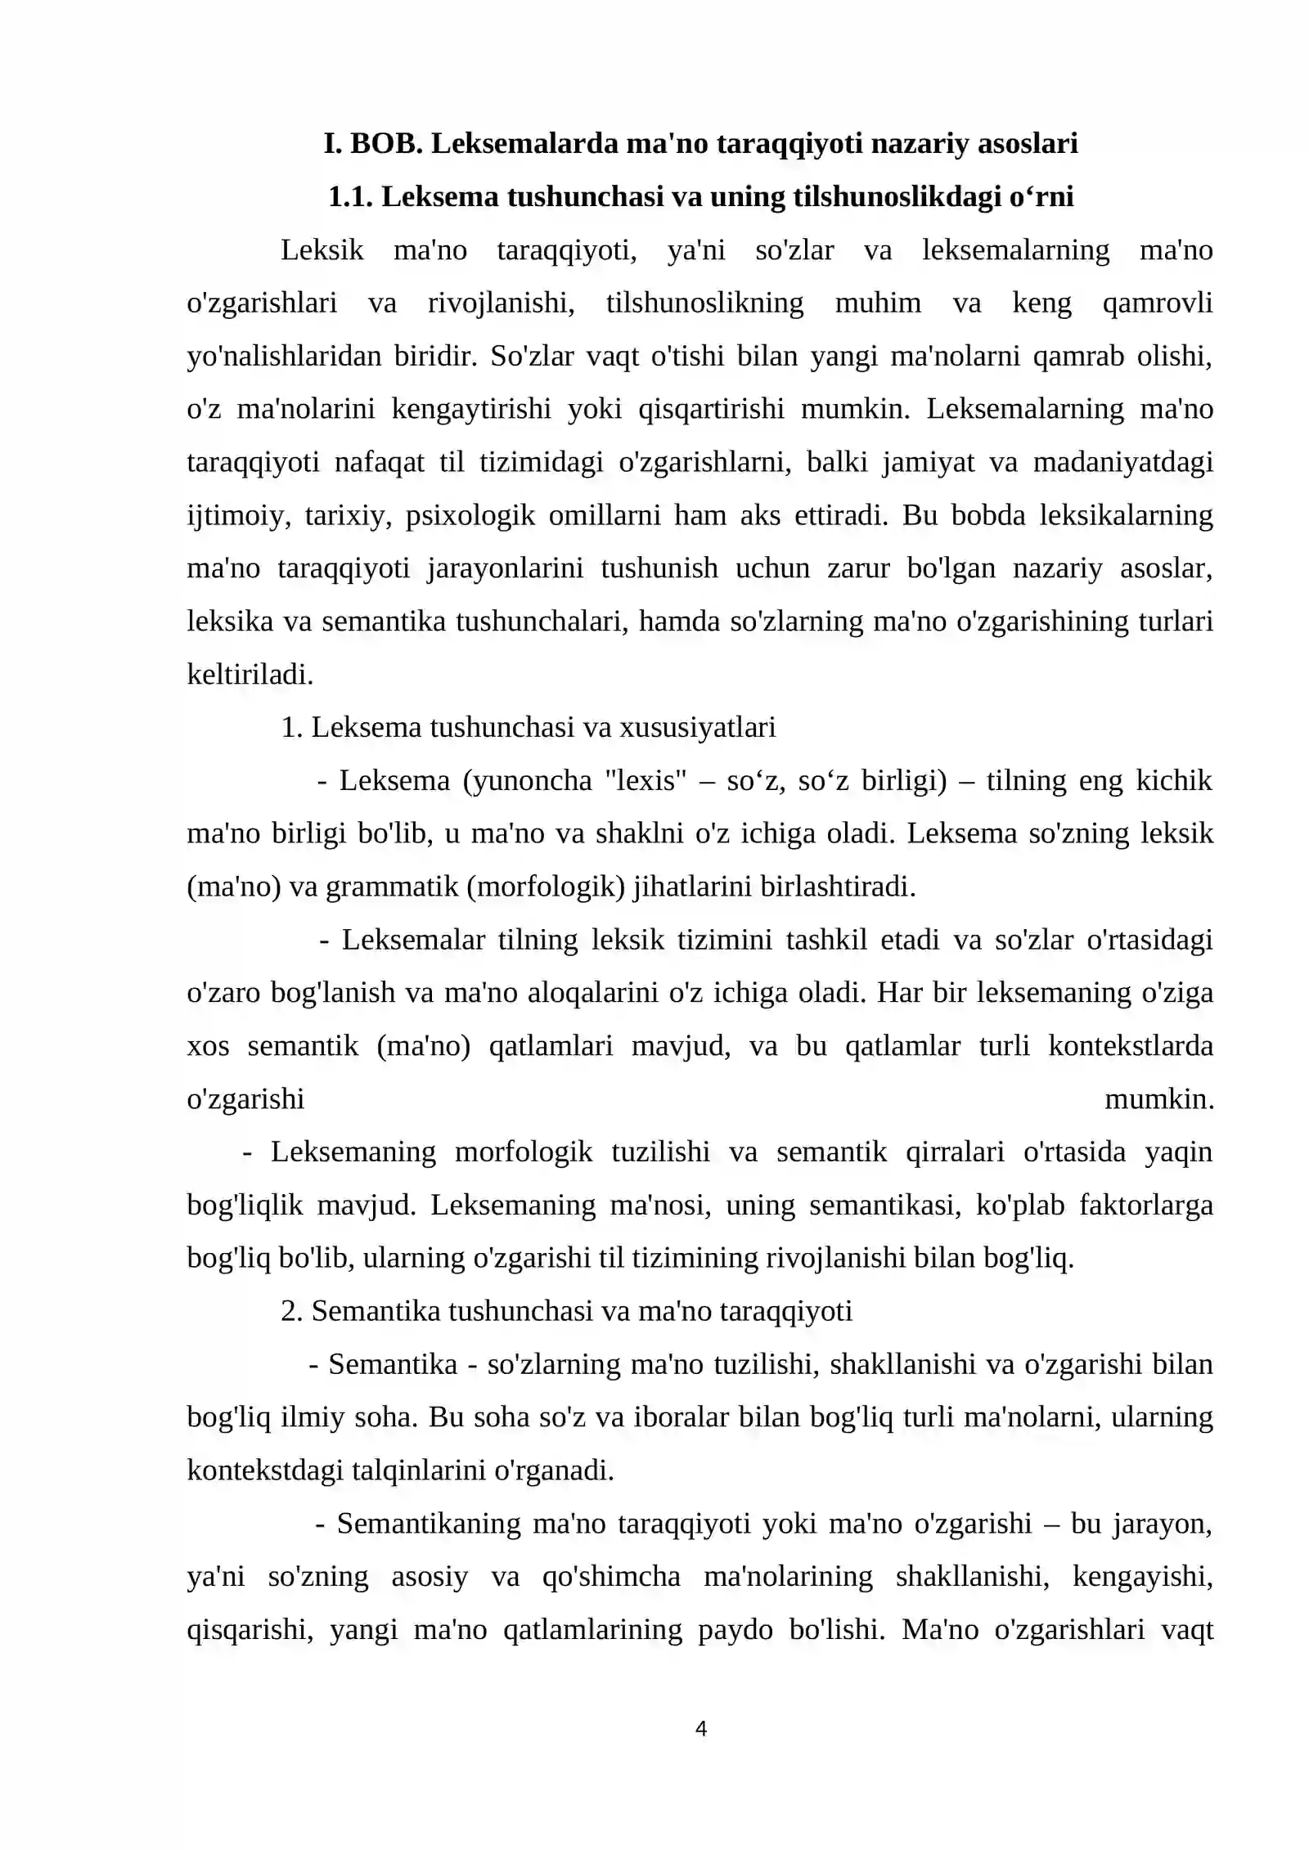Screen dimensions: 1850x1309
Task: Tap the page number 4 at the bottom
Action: [700, 1728]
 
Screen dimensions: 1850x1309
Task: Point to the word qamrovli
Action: [1157, 303]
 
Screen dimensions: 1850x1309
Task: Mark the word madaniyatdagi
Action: [1122, 462]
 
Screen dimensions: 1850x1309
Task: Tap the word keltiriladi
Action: [250, 675]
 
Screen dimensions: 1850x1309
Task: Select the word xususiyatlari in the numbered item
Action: [697, 727]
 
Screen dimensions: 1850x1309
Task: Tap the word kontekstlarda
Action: [1131, 1046]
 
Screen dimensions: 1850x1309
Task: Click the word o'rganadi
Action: [554, 1470]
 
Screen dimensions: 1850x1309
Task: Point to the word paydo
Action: [735, 1629]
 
